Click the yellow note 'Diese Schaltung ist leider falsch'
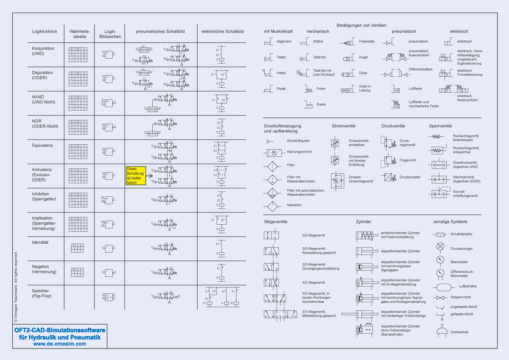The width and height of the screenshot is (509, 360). tap(135, 176)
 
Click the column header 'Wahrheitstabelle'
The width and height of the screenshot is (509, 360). tap(79, 34)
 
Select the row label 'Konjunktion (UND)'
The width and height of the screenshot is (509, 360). tap(43, 51)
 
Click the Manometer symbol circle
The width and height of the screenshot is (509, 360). tap(441, 260)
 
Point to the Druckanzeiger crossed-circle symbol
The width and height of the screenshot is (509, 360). tap(441, 246)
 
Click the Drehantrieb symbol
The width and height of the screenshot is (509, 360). tap(442, 330)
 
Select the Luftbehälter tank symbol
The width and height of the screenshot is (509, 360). tap(441, 286)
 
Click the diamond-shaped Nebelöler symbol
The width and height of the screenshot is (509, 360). tap(271, 207)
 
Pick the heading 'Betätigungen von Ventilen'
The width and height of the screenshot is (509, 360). tap(361, 25)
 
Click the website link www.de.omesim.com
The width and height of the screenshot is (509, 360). tap(60, 344)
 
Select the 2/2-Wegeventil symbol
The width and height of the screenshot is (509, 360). tap(271, 235)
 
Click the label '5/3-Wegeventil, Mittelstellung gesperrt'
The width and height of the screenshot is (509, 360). tap(319, 314)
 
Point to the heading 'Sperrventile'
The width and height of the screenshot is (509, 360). tap(440, 126)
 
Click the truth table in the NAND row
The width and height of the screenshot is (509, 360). tap(79, 102)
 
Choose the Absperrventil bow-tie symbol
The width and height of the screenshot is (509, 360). tap(441, 297)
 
